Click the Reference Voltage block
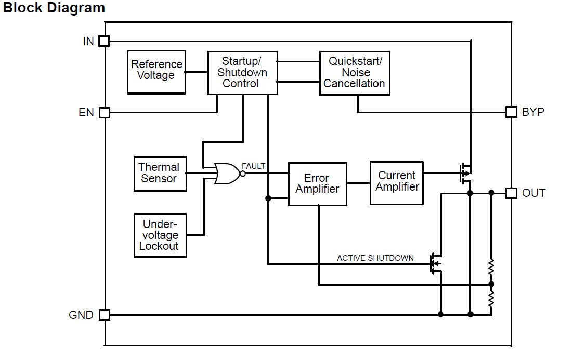point(156,72)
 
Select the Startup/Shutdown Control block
point(242,73)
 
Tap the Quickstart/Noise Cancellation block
point(355,73)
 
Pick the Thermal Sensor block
point(160,174)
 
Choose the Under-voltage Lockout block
point(160,235)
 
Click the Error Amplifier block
point(317,184)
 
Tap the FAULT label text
point(253,166)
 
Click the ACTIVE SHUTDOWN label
point(375,258)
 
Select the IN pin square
point(105,41)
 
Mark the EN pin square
point(105,112)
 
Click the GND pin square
point(105,314)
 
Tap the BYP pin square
point(511,112)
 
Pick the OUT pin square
point(511,193)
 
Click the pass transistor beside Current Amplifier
point(465,174)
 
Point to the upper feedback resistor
point(491,268)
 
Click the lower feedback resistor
point(491,299)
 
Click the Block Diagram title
point(54,8)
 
